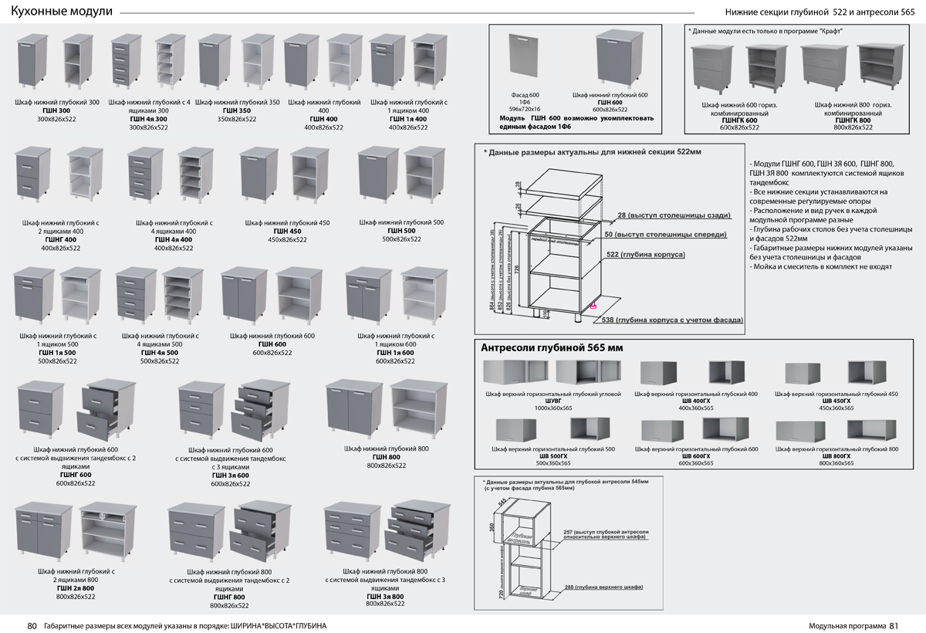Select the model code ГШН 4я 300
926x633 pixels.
[x=148, y=119]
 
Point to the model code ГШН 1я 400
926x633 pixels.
[x=409, y=119]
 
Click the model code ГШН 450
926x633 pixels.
[x=287, y=232]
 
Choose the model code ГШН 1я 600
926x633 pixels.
[x=395, y=353]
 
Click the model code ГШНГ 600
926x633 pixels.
[x=76, y=475]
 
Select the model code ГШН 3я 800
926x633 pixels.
[x=385, y=596]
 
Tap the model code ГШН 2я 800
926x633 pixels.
[x=76, y=588]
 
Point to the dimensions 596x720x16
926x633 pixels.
[x=525, y=110]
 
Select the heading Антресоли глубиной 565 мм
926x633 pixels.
[x=552, y=348]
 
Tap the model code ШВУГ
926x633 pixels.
[x=553, y=401]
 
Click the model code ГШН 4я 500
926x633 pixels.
[x=160, y=353]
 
